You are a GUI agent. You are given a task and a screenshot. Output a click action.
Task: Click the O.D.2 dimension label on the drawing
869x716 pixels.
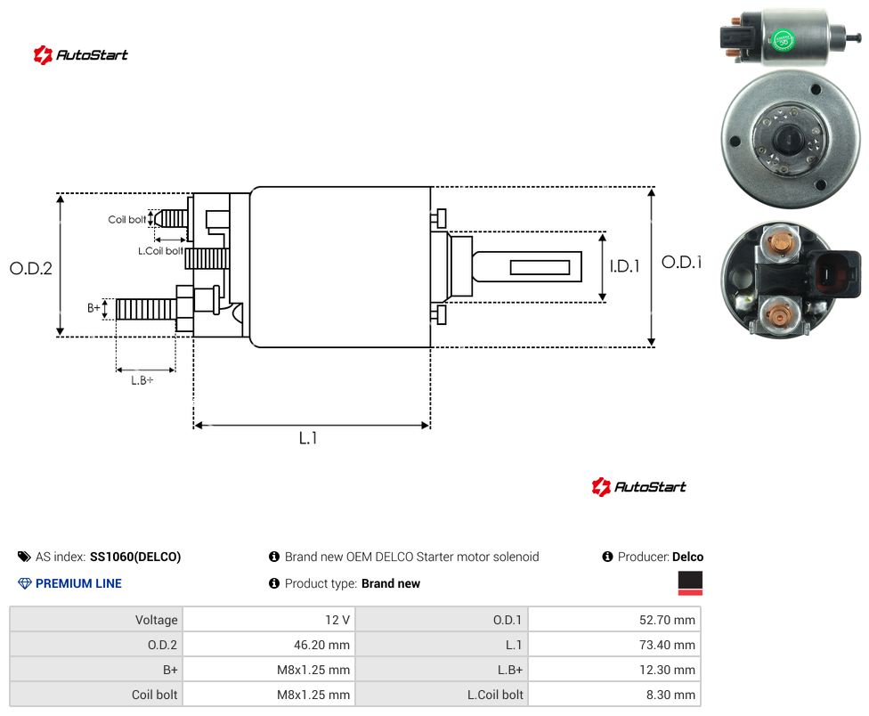pyautogui.click(x=31, y=268)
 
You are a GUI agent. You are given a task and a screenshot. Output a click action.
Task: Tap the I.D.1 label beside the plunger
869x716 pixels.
pyautogui.click(x=625, y=266)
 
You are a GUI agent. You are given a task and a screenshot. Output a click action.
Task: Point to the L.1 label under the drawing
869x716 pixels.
pyautogui.click(x=308, y=438)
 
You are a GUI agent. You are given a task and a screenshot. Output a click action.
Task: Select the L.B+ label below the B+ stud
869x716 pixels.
pyautogui.click(x=142, y=380)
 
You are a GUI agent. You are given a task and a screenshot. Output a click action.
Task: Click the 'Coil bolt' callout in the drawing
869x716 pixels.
pyautogui.click(x=127, y=219)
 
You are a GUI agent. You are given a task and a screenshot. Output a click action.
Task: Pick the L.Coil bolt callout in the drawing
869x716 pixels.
pyautogui.click(x=160, y=251)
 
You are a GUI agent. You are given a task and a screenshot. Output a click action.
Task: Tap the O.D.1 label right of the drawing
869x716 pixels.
pyautogui.click(x=682, y=262)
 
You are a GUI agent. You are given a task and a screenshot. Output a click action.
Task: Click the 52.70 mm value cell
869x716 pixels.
pyautogui.click(x=614, y=620)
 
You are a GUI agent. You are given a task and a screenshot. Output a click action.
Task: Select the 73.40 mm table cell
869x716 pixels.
pyautogui.click(x=614, y=645)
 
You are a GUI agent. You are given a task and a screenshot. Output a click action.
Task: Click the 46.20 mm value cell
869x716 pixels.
pyautogui.click(x=269, y=645)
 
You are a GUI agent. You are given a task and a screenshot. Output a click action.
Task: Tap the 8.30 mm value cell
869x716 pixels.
pyautogui.click(x=614, y=695)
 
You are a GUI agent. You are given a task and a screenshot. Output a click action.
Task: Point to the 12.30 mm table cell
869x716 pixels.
pyautogui.click(x=614, y=670)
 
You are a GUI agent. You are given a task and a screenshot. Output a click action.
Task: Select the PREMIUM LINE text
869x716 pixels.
pyautogui.click(x=78, y=583)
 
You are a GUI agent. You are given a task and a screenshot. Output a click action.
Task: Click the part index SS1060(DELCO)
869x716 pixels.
pyautogui.click(x=135, y=557)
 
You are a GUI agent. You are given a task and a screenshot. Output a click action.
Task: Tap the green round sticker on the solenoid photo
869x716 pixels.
pyautogui.click(x=784, y=40)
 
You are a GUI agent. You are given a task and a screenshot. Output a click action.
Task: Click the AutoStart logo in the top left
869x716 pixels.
pyautogui.click(x=81, y=55)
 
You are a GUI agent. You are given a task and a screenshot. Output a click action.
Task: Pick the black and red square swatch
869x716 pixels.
pyautogui.click(x=690, y=583)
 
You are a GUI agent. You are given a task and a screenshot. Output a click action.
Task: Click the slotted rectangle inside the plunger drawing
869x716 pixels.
pyautogui.click(x=540, y=268)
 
